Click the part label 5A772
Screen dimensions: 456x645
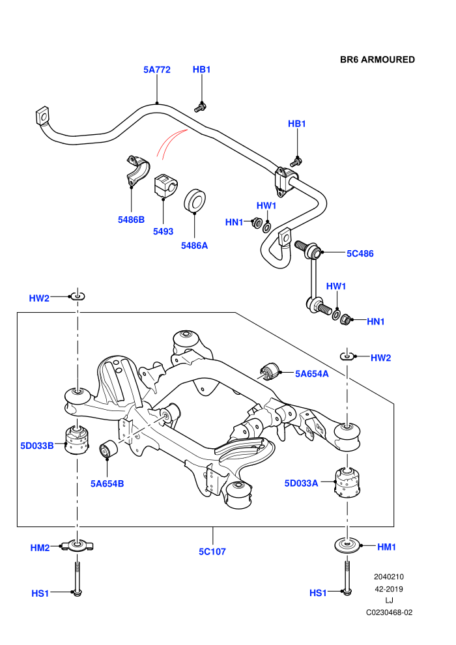156,70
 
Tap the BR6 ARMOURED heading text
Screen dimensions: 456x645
377,60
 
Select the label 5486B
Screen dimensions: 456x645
131,220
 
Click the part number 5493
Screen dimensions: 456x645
164,231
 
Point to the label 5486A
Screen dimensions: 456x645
195,246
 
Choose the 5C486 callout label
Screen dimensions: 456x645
360,253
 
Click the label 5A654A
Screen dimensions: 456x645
312,373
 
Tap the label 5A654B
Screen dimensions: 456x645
107,483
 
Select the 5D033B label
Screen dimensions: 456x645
37,446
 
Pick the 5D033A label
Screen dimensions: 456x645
302,483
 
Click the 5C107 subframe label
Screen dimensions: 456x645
212,552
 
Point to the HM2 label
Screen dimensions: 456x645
40,548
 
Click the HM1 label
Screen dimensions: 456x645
386,547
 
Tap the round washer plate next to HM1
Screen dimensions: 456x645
347,546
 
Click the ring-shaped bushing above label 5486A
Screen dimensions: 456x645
195,201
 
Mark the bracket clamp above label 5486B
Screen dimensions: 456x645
137,171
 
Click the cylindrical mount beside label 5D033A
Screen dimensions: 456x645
349,483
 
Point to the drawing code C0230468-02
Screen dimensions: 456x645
390,612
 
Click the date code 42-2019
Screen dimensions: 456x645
389,589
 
